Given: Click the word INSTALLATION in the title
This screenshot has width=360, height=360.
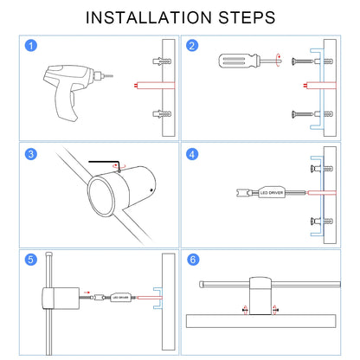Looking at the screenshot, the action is coord(149,17).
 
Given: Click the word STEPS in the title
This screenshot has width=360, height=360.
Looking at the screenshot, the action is coord(247,17).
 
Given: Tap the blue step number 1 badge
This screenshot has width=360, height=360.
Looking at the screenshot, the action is coord(31,46).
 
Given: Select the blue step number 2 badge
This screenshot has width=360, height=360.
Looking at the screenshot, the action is coord(192,46).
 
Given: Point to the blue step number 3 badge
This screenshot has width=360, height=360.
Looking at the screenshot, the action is coord(31,154).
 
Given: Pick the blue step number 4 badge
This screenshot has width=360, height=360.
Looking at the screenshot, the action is coord(192,154).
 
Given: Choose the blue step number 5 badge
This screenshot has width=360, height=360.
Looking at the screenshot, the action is coord(31,260).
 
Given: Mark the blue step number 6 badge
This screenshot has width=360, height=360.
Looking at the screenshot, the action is coord(193,260).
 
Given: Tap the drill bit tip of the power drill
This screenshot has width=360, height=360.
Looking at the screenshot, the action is coord(112,76).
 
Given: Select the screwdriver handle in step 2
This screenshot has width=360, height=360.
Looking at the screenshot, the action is coord(237,61).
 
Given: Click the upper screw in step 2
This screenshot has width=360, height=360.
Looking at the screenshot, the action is coord(302,61).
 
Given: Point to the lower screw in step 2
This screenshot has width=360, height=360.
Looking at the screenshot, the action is coord(302,114).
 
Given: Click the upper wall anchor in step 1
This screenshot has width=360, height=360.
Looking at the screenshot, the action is coord(162,61).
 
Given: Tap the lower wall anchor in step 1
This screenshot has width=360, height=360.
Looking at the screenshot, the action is coord(162,114).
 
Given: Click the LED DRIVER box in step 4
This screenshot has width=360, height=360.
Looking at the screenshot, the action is coord(272,192).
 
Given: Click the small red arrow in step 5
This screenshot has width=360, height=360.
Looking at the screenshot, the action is coord(87,292).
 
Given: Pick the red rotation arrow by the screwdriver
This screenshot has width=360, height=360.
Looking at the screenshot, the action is coord(278,61).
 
